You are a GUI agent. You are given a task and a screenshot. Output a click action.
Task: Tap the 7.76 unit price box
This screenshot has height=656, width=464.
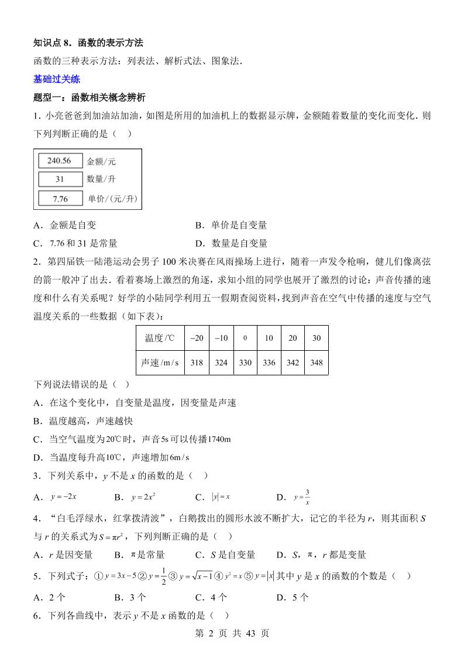(60, 199)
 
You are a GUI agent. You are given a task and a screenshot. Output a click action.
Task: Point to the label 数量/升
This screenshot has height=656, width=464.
(101, 179)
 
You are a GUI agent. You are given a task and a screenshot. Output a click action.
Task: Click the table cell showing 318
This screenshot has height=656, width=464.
(197, 362)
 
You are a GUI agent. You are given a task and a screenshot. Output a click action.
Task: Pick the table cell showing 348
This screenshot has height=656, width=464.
(316, 362)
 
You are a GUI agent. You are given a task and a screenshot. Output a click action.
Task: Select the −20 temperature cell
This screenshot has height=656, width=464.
(197, 338)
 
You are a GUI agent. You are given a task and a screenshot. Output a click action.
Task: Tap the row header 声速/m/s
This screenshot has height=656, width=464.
(159, 362)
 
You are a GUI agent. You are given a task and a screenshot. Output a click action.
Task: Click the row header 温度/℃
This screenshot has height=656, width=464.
(159, 338)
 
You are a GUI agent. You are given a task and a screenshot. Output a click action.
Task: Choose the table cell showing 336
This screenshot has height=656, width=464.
(269, 362)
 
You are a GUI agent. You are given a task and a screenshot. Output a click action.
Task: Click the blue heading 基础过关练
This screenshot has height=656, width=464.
(57, 79)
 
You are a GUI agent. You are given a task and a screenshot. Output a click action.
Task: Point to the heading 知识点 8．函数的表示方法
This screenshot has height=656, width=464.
(88, 43)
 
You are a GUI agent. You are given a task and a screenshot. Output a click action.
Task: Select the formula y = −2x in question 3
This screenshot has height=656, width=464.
(64, 497)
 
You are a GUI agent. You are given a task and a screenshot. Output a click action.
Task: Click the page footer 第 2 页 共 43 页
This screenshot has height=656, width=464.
(232, 633)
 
